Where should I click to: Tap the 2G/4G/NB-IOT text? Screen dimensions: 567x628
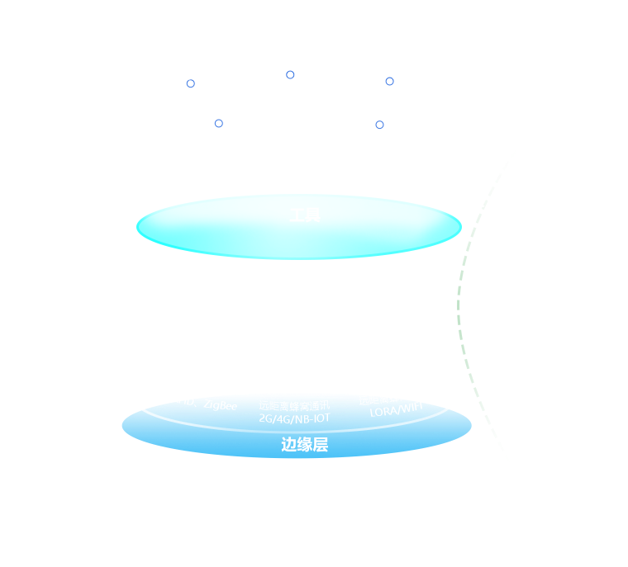294,418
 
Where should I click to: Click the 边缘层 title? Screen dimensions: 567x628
304,445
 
